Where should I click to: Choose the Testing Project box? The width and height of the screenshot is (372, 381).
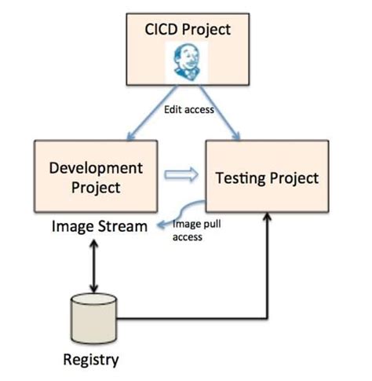pyautogui.click(x=267, y=178)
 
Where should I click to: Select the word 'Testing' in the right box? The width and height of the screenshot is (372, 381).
pyautogui.click(x=239, y=178)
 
